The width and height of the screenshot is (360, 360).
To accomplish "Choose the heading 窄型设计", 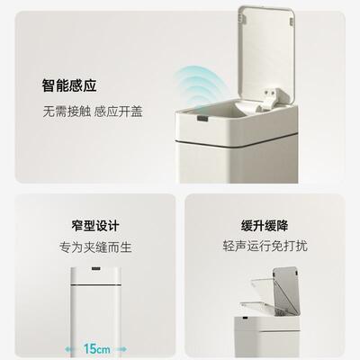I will (94, 225).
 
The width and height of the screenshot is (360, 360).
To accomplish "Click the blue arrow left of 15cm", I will (74, 346).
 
